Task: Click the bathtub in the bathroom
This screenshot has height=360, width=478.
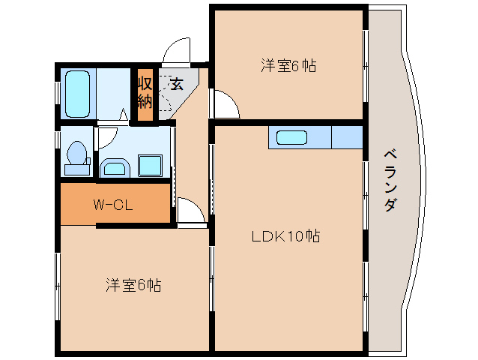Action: pos(77,92)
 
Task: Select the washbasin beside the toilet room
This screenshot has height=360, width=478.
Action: pos(115,166)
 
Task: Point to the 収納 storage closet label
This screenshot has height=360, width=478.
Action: pos(145,91)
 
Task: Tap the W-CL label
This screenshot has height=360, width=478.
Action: pos(113,205)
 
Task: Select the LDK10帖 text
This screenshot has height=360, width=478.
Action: pos(285,236)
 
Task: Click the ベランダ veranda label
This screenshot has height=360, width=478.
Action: pos(390,180)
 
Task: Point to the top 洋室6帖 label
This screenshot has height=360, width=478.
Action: pos(288,66)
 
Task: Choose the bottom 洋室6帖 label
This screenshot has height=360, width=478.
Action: pos(133,285)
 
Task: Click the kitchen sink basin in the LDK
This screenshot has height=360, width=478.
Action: pos(291,138)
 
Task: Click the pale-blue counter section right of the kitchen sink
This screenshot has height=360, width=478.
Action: pos(347,138)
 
